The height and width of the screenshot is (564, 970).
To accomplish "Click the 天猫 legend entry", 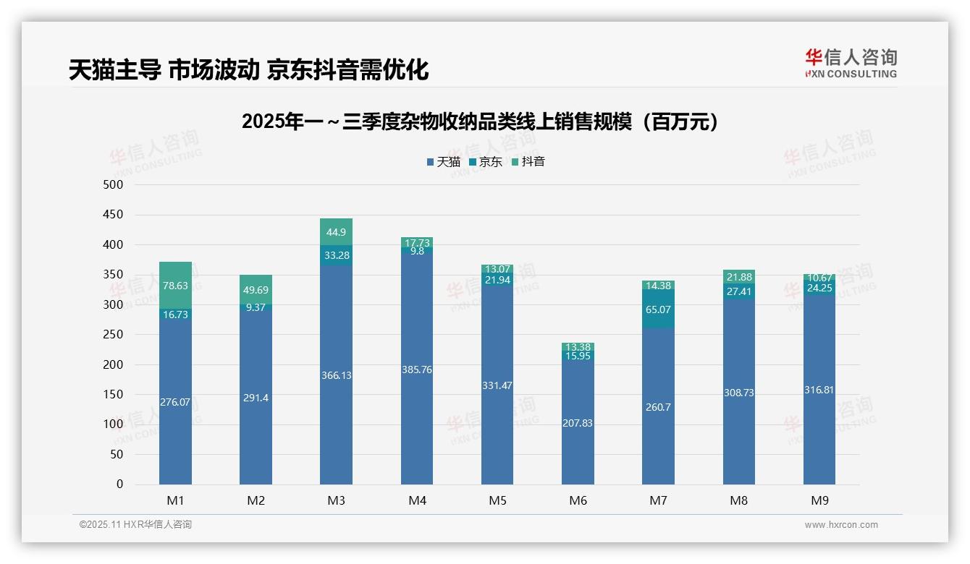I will click(x=443, y=162).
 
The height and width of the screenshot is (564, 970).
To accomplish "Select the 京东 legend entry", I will click(x=486, y=162).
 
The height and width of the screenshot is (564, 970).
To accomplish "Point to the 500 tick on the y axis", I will click(x=114, y=185).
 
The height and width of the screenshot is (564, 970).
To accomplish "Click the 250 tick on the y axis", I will click(x=114, y=335).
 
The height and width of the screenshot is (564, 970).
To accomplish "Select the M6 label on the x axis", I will click(x=578, y=500).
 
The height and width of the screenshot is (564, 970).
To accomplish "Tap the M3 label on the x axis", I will click(x=336, y=500).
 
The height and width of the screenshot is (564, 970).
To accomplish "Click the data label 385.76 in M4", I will click(x=417, y=369).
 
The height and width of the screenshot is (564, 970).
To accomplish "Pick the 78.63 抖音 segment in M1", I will click(x=175, y=286).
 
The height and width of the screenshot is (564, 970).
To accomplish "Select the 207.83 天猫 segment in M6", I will click(x=578, y=422).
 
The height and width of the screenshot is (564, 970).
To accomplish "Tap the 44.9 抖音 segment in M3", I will click(x=336, y=232).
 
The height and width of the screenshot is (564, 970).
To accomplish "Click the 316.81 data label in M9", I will click(x=819, y=390).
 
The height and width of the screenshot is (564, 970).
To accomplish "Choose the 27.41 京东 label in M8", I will click(x=738, y=291).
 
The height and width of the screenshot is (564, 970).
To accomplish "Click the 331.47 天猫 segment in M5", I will click(x=497, y=385).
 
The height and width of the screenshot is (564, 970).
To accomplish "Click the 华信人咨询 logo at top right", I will click(x=851, y=63).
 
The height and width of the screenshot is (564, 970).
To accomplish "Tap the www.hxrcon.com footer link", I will click(x=840, y=525).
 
